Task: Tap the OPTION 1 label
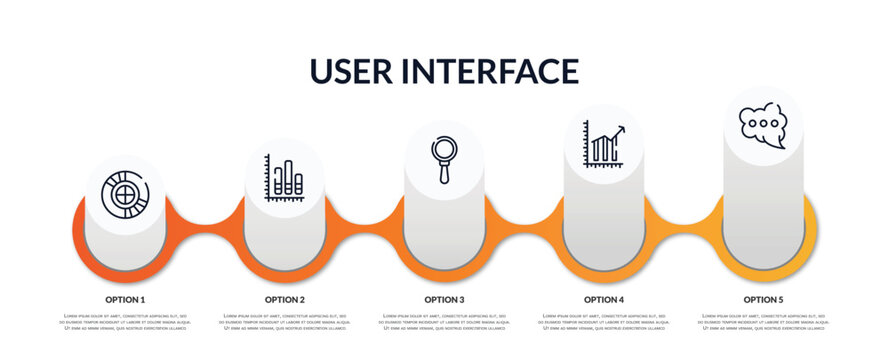pyautogui.click(x=125, y=299)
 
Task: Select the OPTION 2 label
pyautogui.click(x=285, y=299)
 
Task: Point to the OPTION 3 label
pyautogui.click(x=444, y=299)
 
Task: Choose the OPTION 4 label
pyautogui.click(x=604, y=299)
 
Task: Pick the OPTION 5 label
pyautogui.click(x=763, y=299)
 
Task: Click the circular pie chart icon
pyautogui.click(x=126, y=193)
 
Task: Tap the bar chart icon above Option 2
pyautogui.click(x=285, y=179)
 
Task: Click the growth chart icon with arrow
pyautogui.click(x=604, y=144)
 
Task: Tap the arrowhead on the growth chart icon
pyautogui.click(x=622, y=129)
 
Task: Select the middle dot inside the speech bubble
pyautogui.click(x=763, y=123)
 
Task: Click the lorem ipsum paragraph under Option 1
pyautogui.click(x=125, y=322)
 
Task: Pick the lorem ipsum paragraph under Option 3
pyautogui.click(x=444, y=322)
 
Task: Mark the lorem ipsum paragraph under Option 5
pyautogui.click(x=763, y=322)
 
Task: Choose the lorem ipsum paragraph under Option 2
pyautogui.click(x=285, y=322)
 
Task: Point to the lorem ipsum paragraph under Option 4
pyautogui.click(x=604, y=322)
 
